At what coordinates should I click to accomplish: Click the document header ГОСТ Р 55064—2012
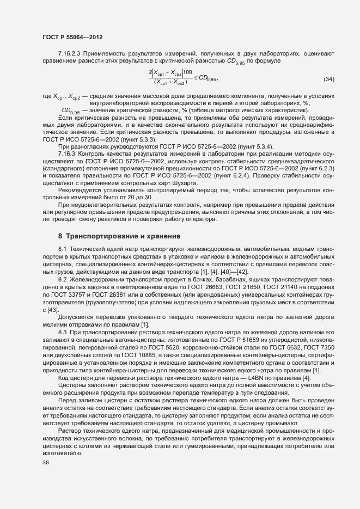[72, 37]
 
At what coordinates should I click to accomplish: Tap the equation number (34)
[329, 79]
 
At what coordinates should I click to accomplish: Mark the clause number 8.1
[62, 248]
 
